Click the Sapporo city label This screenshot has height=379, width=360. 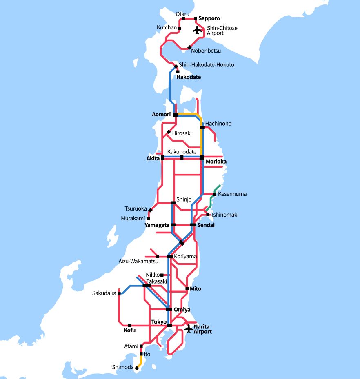[209, 18]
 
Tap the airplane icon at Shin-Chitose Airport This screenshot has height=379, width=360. [198, 30]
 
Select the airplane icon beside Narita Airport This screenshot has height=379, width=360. [188, 328]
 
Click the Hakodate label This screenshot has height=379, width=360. [189, 77]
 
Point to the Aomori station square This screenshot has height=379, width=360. [175, 115]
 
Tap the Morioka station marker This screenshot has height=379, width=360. [202, 158]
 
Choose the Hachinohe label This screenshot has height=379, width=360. [218, 124]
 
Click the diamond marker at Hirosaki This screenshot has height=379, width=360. [169, 132]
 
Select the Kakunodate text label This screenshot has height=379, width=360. [182, 152]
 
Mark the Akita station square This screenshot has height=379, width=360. [162, 158]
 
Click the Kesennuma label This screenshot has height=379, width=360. [232, 194]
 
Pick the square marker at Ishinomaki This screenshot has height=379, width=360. [208, 215]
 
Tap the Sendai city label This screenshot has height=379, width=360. [206, 225]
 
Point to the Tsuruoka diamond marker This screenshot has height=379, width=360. [150, 210]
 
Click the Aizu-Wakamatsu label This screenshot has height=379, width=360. [138, 261]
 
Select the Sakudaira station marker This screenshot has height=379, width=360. [119, 293]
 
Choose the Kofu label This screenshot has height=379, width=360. [129, 330]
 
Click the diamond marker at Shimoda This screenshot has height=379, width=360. [137, 368]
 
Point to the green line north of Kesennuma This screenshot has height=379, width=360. [217, 188]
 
